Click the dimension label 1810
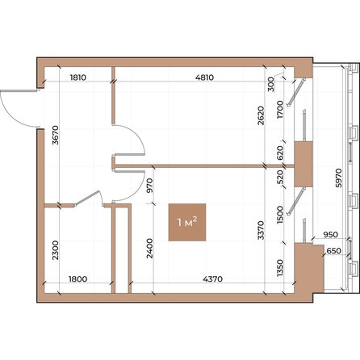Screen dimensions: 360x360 [78, 78]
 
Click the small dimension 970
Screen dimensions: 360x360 [149, 187]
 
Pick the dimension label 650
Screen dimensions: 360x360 [333, 251]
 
